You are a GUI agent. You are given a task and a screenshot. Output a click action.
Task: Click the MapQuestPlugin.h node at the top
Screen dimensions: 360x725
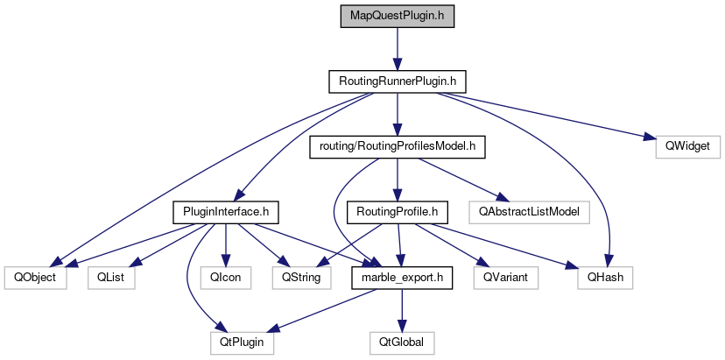[398, 18]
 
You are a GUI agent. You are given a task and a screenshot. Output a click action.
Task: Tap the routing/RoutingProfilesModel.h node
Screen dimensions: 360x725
[397, 146]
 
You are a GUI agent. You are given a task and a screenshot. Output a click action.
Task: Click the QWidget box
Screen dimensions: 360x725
[687, 146]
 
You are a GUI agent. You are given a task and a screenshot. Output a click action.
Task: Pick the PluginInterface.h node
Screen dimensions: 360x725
[226, 211]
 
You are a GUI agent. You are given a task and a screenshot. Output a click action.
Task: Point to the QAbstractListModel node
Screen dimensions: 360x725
[529, 211]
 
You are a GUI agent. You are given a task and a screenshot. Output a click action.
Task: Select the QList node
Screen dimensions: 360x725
[109, 278]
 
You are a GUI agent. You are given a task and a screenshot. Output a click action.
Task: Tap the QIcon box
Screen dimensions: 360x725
[226, 278]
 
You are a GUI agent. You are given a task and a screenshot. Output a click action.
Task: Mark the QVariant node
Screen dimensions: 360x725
[505, 278]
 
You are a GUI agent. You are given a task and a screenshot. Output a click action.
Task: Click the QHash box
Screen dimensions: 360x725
[604, 278]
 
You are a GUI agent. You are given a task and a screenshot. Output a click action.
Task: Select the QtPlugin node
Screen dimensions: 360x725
[242, 342]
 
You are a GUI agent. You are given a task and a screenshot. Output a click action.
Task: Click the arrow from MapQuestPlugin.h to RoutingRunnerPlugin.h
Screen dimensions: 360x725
[398, 49]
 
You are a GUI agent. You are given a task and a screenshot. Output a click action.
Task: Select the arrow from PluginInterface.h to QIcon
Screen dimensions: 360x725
[226, 244]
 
